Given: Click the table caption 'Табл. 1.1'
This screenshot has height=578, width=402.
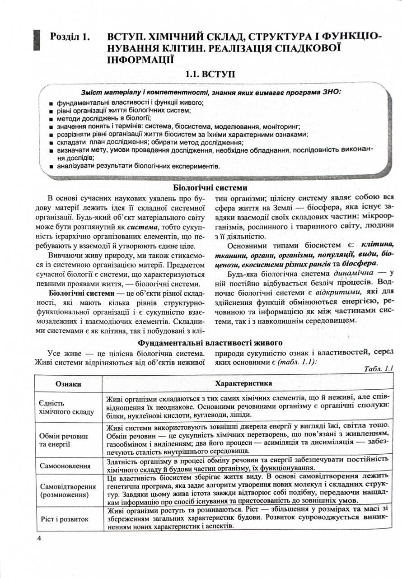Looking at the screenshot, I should point(378,368).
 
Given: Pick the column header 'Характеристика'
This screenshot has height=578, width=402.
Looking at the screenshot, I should point(244,383).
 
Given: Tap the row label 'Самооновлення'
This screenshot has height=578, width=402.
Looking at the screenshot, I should point(65,465).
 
